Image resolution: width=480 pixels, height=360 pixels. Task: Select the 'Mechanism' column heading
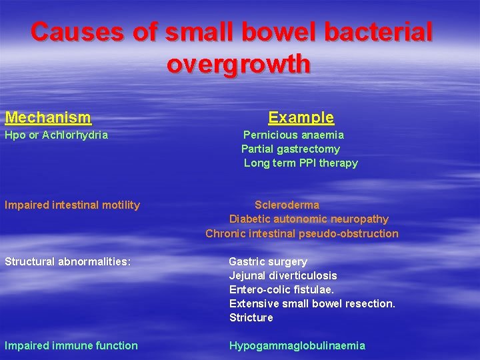pos(48,118)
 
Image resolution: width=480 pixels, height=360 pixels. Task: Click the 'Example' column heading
pos(301,118)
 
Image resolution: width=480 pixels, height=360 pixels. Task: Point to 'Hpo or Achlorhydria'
pos(56,135)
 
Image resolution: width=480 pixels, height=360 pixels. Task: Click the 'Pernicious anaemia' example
pos(293,135)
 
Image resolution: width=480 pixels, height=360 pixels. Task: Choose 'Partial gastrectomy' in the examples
pos(290,149)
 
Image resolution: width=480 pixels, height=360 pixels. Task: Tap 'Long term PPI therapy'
pos(301,163)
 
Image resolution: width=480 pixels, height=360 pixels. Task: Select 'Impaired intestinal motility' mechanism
pos(72,205)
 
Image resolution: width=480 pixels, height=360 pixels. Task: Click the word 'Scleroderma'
pos(287,205)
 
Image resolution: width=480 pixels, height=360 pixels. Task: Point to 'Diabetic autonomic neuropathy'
pos(309,219)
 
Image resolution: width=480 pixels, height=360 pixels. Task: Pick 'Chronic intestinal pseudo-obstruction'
pos(302,233)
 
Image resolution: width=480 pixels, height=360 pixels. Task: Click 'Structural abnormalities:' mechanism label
pos(67,261)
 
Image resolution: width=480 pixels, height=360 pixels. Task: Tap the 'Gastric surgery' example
pos(268,261)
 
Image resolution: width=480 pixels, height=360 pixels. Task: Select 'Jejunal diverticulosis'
pos(283,275)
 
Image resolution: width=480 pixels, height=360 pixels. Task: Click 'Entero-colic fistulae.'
pos(282,289)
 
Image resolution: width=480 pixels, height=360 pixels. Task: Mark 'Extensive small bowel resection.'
pos(312,303)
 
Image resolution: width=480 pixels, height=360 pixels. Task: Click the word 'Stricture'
pos(251,317)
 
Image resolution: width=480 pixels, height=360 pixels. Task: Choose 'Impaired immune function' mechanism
pos(71,345)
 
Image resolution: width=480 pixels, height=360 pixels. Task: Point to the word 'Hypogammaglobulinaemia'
pos(297,345)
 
